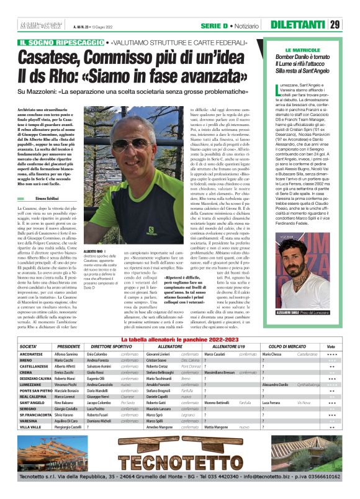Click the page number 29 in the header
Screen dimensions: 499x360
pyautogui.click(x=335, y=25)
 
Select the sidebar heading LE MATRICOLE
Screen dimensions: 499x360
pyautogui.click(x=302, y=49)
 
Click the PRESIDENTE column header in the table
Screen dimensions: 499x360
pyautogui.click(x=69, y=346)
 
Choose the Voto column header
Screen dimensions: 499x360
pyautogui.click(x=331, y=346)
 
